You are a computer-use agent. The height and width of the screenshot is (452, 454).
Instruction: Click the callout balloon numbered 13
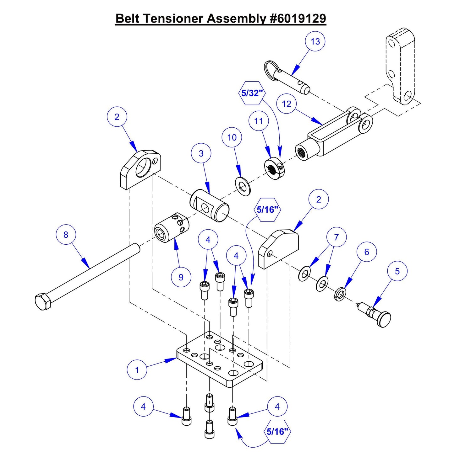coord(315,41)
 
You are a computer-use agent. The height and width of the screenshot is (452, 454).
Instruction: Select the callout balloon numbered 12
coord(287,104)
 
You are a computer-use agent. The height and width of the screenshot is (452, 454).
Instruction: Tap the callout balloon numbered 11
coord(259,121)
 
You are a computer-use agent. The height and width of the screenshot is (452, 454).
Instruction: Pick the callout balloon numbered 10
coord(232,137)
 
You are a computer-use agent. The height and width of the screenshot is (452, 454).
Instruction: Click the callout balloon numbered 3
coord(201,153)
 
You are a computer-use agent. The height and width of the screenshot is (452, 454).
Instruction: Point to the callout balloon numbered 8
coord(66,235)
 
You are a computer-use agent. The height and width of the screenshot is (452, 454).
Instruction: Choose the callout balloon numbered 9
coord(181,277)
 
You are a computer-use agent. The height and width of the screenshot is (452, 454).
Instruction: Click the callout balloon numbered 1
coord(137,370)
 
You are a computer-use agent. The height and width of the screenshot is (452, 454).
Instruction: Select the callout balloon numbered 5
coord(397,271)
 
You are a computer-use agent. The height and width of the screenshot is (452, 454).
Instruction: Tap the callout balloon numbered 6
coord(367,252)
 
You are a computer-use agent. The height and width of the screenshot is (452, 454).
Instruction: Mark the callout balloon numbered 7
coord(336,237)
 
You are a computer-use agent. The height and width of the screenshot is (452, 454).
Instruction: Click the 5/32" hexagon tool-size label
coord(252,93)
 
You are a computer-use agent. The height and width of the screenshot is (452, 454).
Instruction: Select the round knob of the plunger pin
coord(384,320)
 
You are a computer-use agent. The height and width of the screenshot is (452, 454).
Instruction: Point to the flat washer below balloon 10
coord(243,186)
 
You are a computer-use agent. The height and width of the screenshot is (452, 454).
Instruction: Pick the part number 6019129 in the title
coord(298,19)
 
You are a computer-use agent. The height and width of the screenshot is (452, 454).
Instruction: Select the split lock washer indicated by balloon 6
coord(340,294)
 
